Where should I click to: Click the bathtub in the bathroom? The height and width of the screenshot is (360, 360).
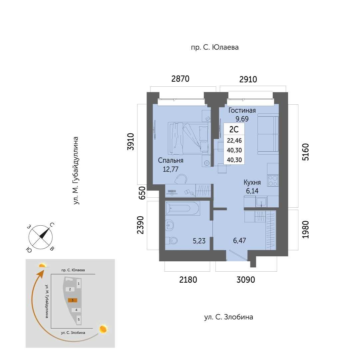(x=182, y=208)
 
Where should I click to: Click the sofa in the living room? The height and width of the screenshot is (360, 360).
(x=268, y=135)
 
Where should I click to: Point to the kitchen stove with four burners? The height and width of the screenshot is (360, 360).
(x=273, y=181)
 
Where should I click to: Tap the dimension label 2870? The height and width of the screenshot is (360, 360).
(x=180, y=79)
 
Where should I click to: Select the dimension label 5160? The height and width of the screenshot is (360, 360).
(x=306, y=152)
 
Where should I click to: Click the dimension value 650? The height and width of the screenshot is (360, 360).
(x=142, y=193)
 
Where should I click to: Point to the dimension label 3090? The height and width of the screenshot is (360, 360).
(x=246, y=280)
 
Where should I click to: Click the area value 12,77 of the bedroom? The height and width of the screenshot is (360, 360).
(x=171, y=169)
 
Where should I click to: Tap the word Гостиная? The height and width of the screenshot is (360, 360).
(x=242, y=110)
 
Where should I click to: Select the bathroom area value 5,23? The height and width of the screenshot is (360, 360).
(x=199, y=241)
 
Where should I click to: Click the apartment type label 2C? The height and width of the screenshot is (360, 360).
(x=234, y=129)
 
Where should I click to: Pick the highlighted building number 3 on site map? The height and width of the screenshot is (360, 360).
(x=73, y=300)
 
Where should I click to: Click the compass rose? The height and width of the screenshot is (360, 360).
(x=41, y=237)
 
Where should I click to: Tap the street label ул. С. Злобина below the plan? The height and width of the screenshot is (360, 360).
(x=229, y=317)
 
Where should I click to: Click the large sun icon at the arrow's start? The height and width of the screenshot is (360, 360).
(x=103, y=329)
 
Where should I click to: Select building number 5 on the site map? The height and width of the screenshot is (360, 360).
(x=79, y=319)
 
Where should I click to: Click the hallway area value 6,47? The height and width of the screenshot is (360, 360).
(x=239, y=241)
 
